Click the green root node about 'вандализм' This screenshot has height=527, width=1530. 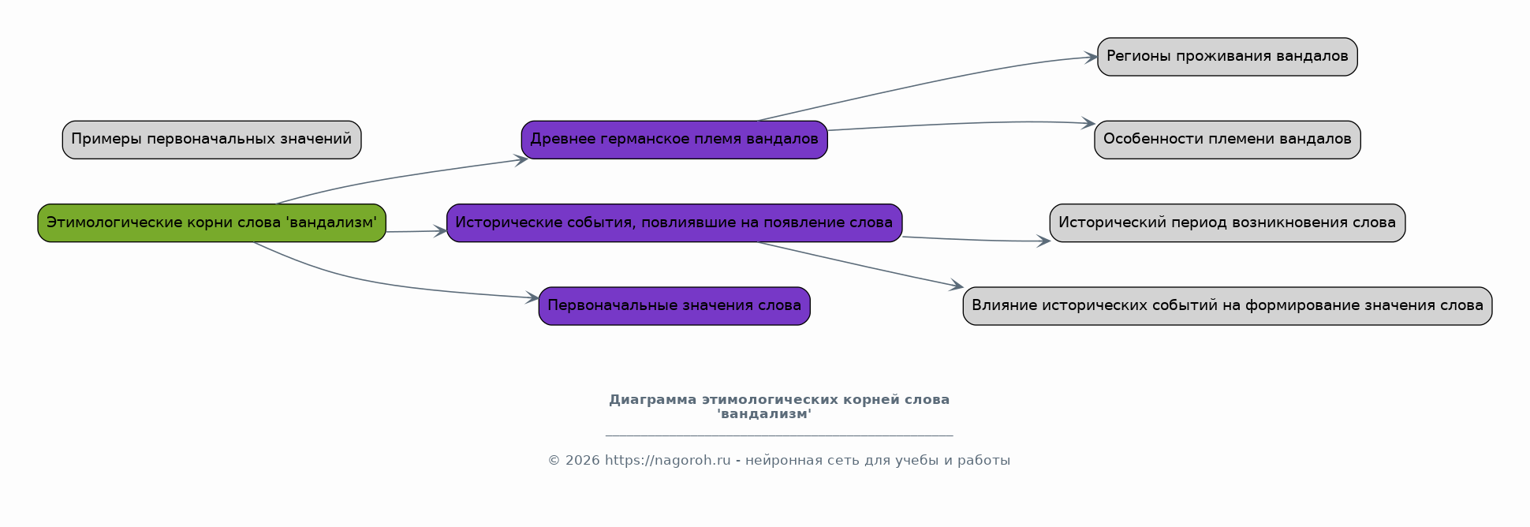click(x=211, y=222)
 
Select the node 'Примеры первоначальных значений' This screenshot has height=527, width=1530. click(x=211, y=140)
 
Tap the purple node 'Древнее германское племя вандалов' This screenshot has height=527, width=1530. click(x=674, y=140)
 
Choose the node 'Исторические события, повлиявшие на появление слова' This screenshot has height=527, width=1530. click(x=674, y=222)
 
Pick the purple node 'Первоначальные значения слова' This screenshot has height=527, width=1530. click(x=674, y=306)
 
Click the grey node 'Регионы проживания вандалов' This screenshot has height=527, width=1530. click(x=1227, y=57)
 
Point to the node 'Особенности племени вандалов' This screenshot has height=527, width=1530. click(x=1227, y=140)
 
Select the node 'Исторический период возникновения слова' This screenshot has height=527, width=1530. click(x=1227, y=222)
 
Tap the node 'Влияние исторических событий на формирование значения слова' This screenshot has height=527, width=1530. click(x=1227, y=306)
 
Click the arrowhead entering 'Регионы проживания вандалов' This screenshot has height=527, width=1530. click(x=1092, y=57)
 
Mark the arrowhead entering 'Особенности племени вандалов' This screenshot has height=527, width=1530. click(x=1088, y=123)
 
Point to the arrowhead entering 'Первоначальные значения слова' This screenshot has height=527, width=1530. click(x=532, y=297)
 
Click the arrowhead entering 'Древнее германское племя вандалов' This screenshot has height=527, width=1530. click(x=521, y=159)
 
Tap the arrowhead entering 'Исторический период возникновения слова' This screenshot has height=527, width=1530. click(x=1043, y=241)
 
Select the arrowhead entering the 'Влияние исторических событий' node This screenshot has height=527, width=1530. click(x=957, y=286)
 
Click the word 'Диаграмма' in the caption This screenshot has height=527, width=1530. click(x=653, y=400)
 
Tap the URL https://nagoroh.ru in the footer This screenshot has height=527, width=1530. click(x=668, y=461)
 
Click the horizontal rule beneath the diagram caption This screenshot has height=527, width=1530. click(x=779, y=435)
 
